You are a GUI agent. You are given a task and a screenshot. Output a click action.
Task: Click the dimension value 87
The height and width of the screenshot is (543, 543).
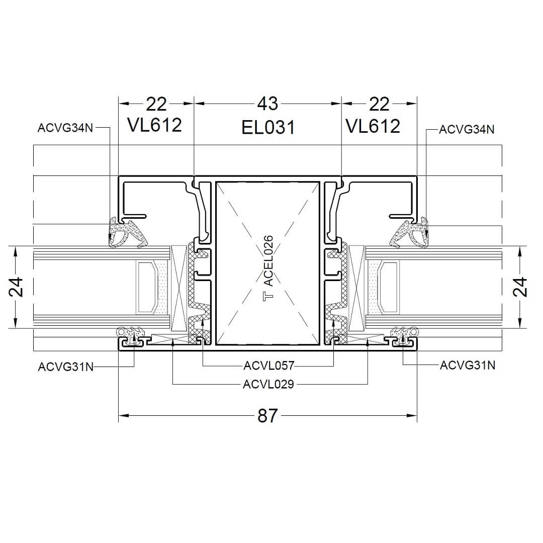click(x=267, y=416)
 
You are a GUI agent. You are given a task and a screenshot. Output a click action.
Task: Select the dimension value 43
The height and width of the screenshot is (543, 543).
click(x=267, y=104)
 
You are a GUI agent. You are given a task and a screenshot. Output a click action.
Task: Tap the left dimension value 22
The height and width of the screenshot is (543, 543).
click(x=156, y=104)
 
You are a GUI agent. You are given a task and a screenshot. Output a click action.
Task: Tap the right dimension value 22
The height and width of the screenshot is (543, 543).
click(x=379, y=104)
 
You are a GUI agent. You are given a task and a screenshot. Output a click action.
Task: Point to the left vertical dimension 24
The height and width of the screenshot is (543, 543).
click(x=16, y=287)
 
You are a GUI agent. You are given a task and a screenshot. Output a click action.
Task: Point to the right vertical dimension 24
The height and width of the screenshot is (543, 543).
click(x=520, y=287)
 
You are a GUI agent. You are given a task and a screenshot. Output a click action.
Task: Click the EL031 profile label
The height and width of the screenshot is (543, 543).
click(x=268, y=127)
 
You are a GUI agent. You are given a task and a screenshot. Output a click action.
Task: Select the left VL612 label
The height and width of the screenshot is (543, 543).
click(x=154, y=125)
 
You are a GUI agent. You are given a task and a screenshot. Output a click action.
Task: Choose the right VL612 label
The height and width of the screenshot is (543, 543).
click(x=373, y=126)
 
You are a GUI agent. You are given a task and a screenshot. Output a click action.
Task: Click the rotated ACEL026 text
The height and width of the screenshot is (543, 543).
click(x=268, y=261)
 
